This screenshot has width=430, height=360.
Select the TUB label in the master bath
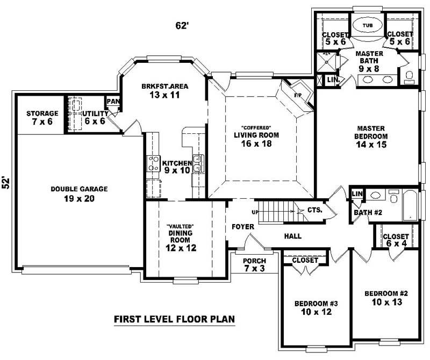click(367, 25)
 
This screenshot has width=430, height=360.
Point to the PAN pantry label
click(113, 101)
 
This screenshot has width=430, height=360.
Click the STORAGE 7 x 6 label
click(42, 118)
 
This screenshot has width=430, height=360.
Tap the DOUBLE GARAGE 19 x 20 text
click(80, 194)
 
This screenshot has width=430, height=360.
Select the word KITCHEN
click(177, 163)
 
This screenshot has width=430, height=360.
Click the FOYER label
click(242, 227)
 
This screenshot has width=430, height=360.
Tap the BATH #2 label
click(368, 213)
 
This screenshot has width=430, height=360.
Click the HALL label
click(292, 236)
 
